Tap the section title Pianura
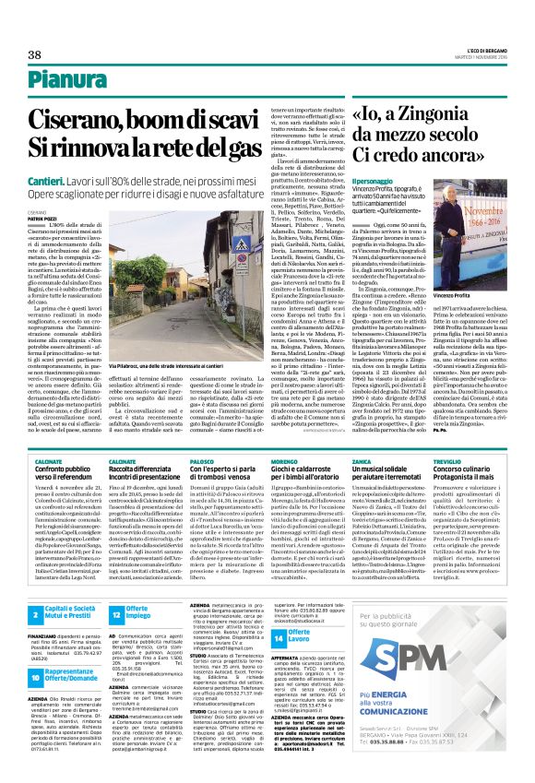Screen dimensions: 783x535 pyautogui.click(x=58, y=83)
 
